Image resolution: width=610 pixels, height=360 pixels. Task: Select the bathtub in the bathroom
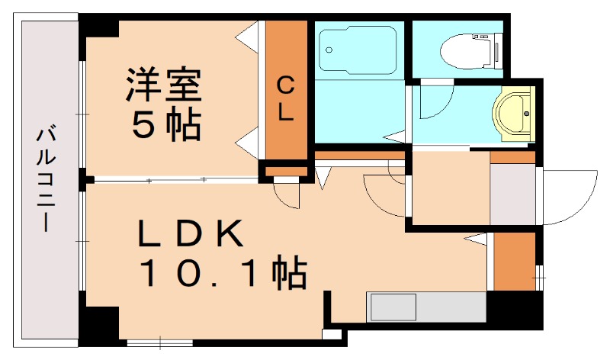point(358,50)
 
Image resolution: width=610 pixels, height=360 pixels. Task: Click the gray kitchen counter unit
point(427,307)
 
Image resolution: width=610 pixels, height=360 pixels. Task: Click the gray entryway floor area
point(512,194)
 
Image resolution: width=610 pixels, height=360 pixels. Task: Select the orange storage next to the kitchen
point(514,260)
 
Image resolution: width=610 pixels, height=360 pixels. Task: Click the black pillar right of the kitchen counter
point(512,310)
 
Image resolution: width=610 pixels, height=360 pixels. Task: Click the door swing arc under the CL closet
point(288,195)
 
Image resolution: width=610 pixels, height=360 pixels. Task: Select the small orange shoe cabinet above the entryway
point(512,157)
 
